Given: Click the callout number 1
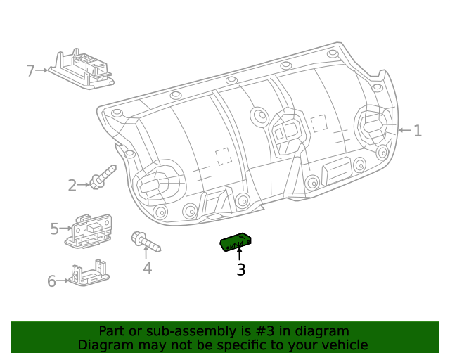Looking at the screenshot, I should [418, 130].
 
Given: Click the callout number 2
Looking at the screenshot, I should [72, 186].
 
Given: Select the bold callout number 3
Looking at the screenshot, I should [240, 269].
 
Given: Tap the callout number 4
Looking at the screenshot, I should [147, 267].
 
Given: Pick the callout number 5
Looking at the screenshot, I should [54, 229].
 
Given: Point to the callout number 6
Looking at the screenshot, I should [51, 281].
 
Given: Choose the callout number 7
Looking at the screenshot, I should [30, 70].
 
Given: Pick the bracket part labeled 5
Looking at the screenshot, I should [90, 229].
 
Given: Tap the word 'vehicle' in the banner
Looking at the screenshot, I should [342, 345].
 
